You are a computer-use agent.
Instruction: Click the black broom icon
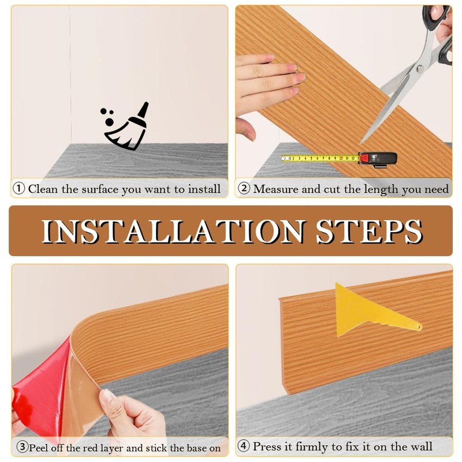pyautogui.click(x=126, y=126)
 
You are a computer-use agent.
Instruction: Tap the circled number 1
pyautogui.click(x=19, y=189)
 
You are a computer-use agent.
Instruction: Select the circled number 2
pyautogui.click(x=244, y=189)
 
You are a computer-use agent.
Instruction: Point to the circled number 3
pyautogui.click(x=23, y=447)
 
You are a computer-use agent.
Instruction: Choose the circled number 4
pyautogui.click(x=244, y=446)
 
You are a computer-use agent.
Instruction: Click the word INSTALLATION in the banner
pyautogui.click(x=174, y=232)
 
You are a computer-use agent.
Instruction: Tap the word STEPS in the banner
pyautogui.click(x=370, y=232)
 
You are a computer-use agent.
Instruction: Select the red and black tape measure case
pyautogui.click(x=378, y=160)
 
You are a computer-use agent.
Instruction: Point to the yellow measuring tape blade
pyautogui.click(x=320, y=158)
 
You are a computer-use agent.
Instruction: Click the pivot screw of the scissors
pyautogui.click(x=420, y=69)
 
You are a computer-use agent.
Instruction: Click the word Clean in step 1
pyautogui.click(x=43, y=189)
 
